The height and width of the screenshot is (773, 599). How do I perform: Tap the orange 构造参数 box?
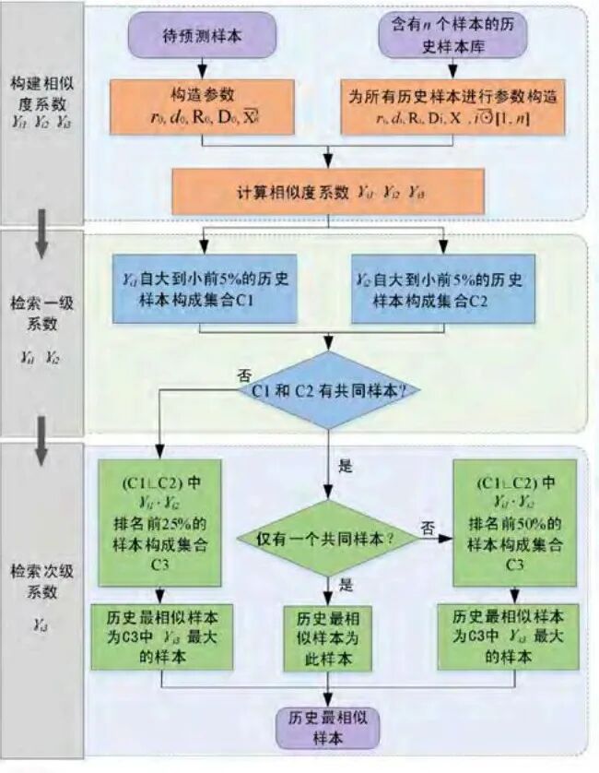[203, 107]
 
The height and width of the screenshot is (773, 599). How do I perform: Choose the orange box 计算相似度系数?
[327, 194]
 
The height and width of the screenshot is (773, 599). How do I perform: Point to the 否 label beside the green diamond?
[427, 526]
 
